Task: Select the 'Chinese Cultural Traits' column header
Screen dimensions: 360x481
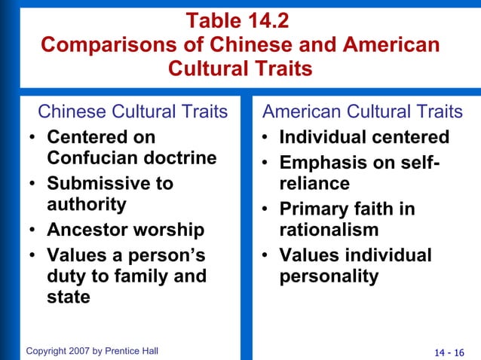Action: (x=133, y=112)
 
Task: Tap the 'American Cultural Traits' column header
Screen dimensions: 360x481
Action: (x=362, y=112)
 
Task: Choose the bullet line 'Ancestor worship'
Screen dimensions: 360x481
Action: (x=125, y=229)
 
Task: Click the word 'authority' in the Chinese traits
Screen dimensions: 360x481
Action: (x=87, y=204)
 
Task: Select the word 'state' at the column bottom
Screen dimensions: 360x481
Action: (x=69, y=297)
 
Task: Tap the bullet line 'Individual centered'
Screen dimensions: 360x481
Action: (x=364, y=138)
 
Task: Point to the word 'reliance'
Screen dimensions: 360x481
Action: (x=314, y=184)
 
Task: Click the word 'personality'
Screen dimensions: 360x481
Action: (x=329, y=276)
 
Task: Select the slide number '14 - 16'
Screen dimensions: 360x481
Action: (x=450, y=352)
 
